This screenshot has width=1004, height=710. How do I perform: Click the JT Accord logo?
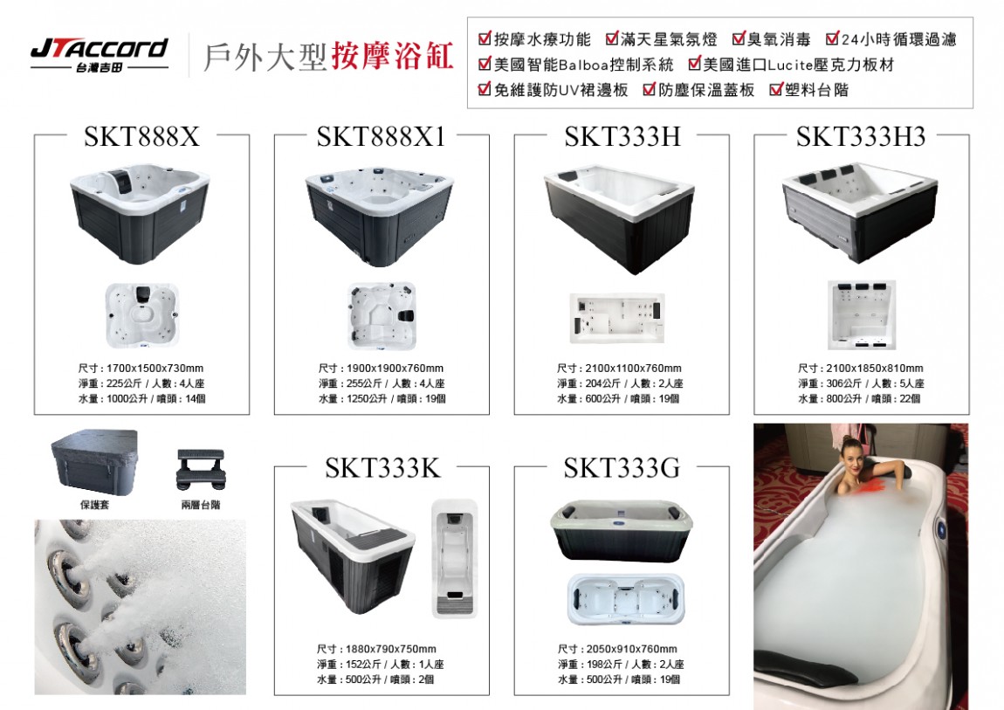100,55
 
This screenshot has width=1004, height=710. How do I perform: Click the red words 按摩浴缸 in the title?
393,56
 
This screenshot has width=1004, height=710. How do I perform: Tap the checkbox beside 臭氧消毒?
739,38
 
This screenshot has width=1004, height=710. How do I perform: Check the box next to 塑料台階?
777,89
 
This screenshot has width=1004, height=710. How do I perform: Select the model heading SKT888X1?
381,136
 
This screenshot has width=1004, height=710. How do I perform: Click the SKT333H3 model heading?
861,136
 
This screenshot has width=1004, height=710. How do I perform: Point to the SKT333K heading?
382,468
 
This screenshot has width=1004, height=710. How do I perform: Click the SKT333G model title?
622,468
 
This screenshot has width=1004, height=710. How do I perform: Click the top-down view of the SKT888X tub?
142,315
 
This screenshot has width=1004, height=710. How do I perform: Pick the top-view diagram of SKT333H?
617,318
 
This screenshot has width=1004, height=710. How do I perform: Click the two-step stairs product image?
201,469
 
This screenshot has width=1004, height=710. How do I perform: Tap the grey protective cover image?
95,461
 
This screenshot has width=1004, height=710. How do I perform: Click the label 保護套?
95,505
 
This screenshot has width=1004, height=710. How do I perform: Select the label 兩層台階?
201,505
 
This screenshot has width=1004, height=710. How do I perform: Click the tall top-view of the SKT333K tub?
455,559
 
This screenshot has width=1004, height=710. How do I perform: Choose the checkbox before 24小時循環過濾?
832,38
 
